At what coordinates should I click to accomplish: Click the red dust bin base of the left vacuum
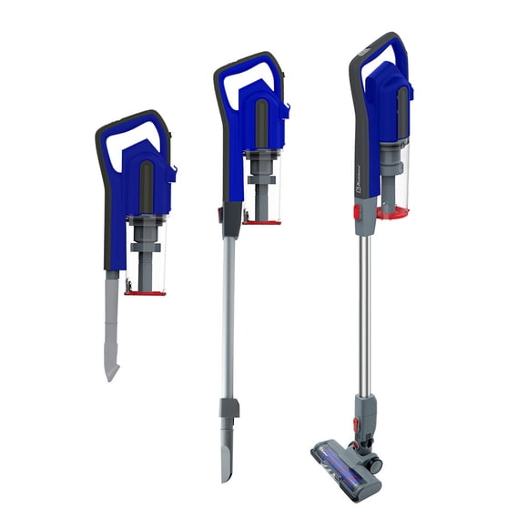coord(145,292)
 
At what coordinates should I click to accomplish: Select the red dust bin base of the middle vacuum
coord(261,221)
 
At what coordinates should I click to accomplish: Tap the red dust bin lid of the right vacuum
coord(393,213)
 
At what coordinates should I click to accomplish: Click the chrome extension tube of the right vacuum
coord(364,310)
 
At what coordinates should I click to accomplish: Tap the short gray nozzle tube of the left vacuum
coord(111,314)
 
